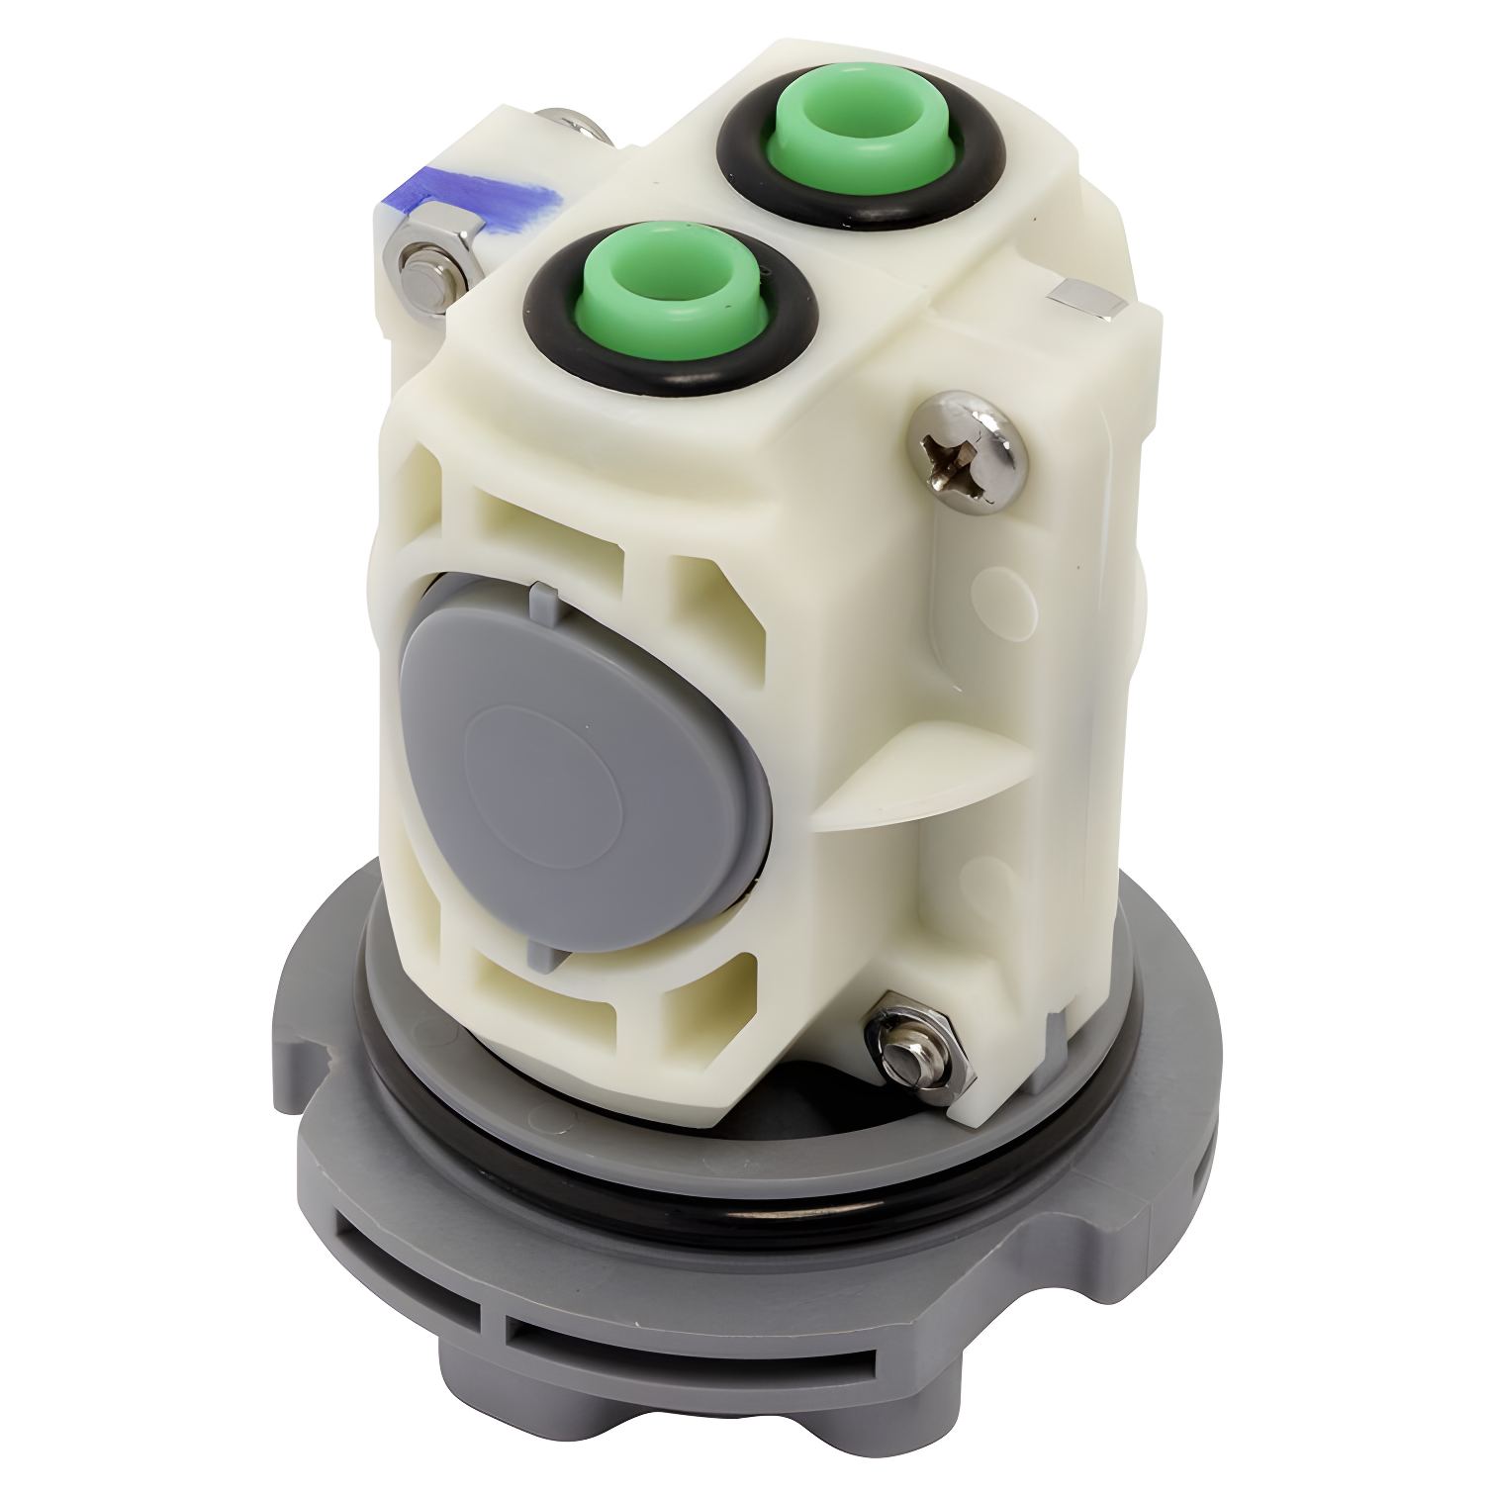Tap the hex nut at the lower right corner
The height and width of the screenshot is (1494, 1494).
pyautogui.click(x=915, y=1051)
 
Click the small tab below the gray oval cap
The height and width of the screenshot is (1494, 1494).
pyautogui.click(x=542, y=955)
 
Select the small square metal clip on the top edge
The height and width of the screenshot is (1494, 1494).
pyautogui.click(x=1086, y=297)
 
